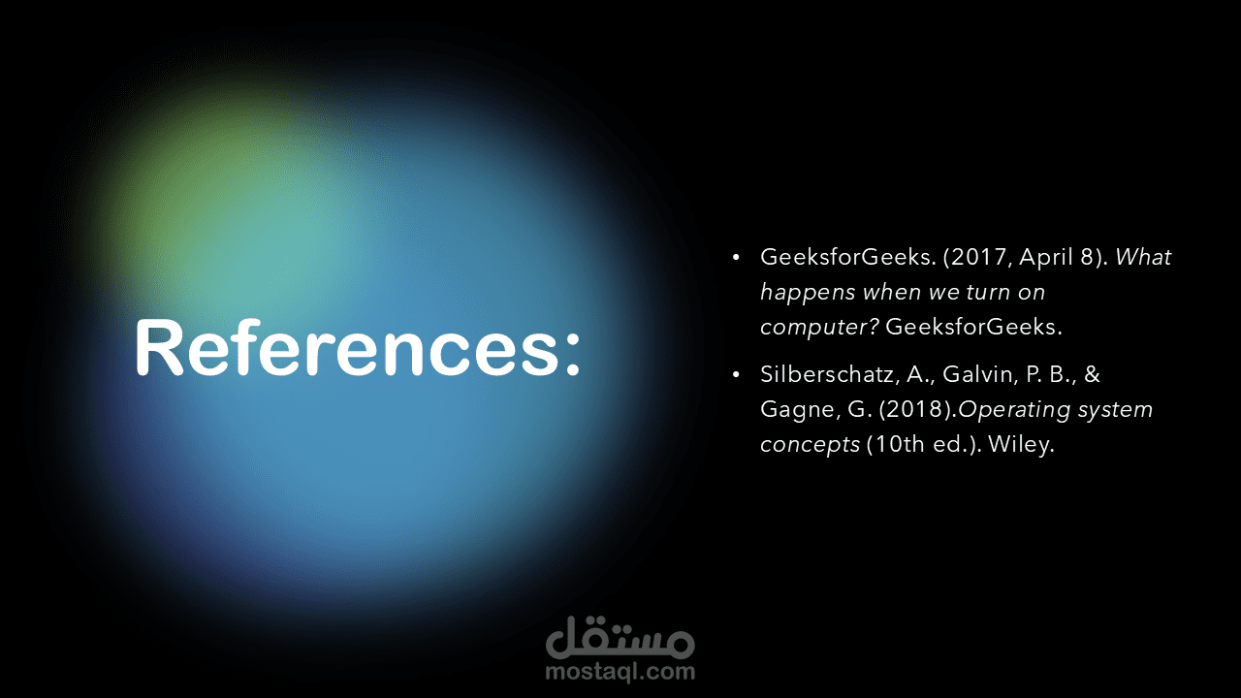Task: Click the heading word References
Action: pos(347,348)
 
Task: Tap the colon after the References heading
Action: pos(572,355)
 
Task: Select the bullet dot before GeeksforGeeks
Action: pos(736,257)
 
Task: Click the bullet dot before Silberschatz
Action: pos(736,375)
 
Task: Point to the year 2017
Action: pos(979,257)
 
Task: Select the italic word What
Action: pos(1143,257)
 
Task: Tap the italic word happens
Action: pos(808,293)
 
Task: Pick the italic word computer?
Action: pos(819,328)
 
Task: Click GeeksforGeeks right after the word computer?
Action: pos(972,327)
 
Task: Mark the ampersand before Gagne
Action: pos(1092,374)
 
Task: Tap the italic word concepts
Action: pos(810,445)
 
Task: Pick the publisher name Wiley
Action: pos(1021,445)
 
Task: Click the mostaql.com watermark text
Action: pos(620,672)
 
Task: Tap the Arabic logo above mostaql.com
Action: pos(620,637)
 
